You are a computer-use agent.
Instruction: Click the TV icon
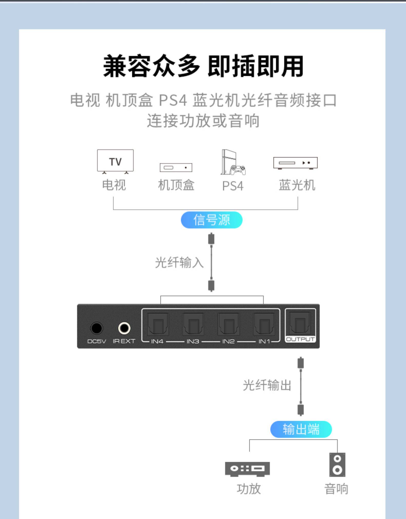coord(115,161)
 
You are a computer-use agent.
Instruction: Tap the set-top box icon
coord(176,168)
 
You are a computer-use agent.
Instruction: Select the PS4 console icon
coord(233,163)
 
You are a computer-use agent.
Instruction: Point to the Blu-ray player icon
coord(295,163)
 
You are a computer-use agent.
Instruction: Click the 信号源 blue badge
coord(212,220)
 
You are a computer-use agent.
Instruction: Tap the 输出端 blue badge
coord(301,429)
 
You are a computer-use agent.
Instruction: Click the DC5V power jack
coord(97,328)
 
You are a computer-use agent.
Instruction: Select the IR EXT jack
coord(124,328)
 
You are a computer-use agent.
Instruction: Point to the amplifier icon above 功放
coord(247,469)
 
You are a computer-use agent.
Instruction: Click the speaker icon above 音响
coord(337,465)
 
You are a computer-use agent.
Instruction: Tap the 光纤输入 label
coord(179,262)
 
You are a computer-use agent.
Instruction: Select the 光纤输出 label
coord(267,385)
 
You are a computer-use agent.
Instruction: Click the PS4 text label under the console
coord(233,186)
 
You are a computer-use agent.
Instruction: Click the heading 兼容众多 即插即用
coord(203,66)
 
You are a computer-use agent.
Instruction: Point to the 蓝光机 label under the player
coord(297,185)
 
